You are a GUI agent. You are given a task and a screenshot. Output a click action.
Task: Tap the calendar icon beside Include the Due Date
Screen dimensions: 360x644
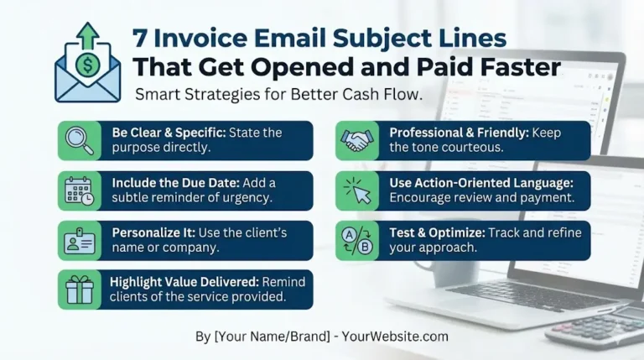click(x=80, y=190)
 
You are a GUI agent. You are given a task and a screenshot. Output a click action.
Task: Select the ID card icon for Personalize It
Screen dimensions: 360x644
click(x=80, y=241)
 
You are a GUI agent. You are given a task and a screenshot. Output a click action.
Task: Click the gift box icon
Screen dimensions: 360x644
click(x=80, y=289)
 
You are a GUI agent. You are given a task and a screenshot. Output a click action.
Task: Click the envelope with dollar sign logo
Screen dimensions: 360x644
click(x=86, y=66)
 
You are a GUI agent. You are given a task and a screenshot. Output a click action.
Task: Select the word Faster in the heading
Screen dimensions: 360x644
click(x=515, y=66)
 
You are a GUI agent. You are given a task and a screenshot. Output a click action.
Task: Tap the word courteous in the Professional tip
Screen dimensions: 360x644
click(x=475, y=148)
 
